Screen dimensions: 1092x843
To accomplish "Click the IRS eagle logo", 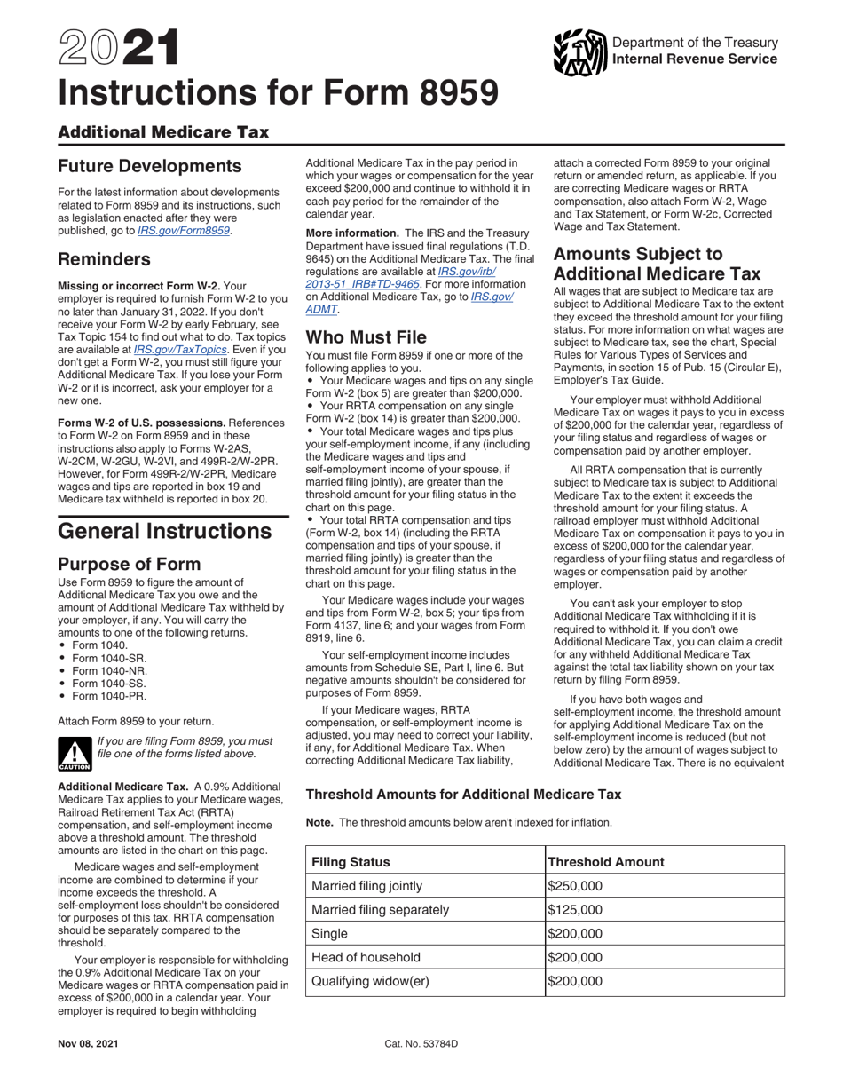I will click(579, 51).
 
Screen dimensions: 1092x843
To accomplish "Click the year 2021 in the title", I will click(118, 50).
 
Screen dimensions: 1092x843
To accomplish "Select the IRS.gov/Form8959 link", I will click(184, 230).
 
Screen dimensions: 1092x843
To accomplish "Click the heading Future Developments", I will click(149, 166).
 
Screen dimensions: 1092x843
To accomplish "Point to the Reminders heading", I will click(104, 259).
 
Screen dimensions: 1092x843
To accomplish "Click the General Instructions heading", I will click(164, 531).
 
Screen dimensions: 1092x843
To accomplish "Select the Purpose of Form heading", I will click(129, 564).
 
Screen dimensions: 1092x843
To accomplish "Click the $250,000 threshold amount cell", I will click(575, 886).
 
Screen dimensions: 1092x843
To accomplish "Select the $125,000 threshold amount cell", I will click(575, 910).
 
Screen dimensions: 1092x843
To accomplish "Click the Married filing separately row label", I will click(381, 910).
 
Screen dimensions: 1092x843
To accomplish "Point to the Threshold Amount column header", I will click(606, 862).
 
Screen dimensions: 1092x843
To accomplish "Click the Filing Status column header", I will click(351, 862).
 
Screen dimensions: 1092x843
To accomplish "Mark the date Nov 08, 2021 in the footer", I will click(88, 1044).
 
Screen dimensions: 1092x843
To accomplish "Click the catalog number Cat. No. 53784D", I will click(421, 1044).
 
